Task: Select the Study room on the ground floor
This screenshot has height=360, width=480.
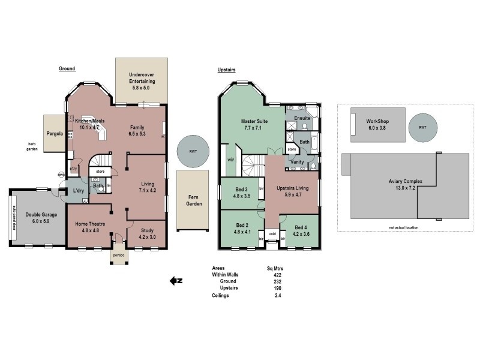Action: [146, 233]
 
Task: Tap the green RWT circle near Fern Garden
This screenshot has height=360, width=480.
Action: [193, 152]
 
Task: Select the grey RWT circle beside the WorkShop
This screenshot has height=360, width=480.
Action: [423, 127]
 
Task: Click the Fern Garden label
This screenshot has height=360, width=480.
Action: [193, 200]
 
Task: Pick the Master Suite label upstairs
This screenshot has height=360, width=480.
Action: [254, 124]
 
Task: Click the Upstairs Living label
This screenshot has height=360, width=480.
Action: [292, 192]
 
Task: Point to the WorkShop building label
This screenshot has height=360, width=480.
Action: [378, 124]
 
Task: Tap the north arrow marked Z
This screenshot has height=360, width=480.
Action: [176, 280]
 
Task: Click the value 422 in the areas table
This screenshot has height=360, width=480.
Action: [277, 275]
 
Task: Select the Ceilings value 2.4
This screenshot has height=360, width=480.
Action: [277, 295]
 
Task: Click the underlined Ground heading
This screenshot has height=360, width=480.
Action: [67, 69]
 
